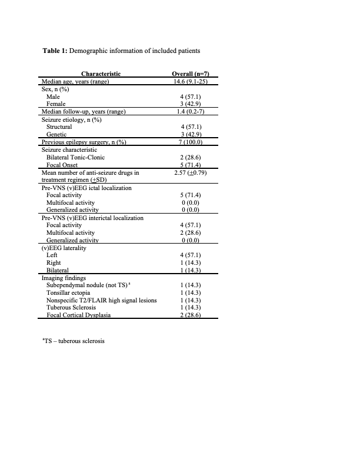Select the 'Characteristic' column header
(101, 74)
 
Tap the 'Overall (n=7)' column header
(190, 74)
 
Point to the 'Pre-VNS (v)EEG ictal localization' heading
(86, 188)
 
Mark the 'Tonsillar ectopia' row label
(69, 292)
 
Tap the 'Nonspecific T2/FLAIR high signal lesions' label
(102, 300)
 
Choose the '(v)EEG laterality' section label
(64, 248)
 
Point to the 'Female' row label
(56, 104)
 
